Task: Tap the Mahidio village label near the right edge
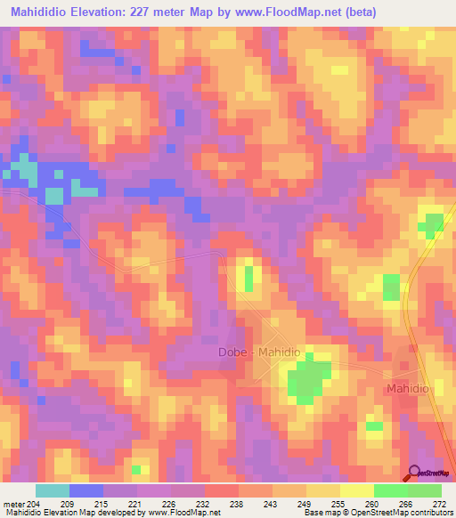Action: tap(409, 390)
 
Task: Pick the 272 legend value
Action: tap(440, 504)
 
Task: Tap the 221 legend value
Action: tap(136, 504)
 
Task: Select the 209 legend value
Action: tap(85, 504)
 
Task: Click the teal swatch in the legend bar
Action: tap(52, 490)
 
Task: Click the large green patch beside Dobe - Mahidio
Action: tap(305, 380)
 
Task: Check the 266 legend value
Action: tap(406, 504)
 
